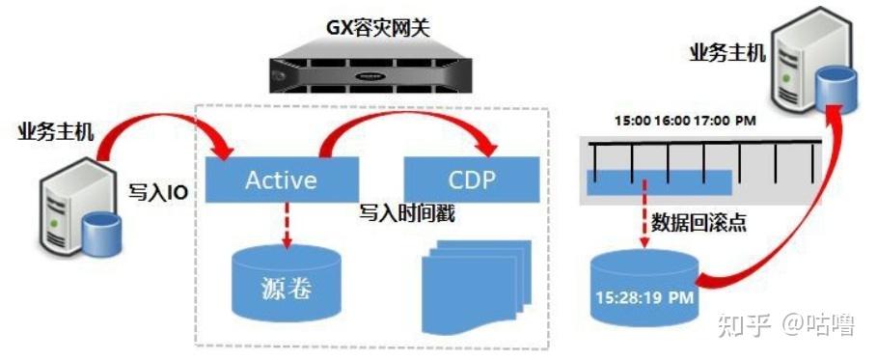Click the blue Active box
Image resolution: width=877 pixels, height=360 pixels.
coord(282,180)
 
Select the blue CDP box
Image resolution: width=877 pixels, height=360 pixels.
coord(472,180)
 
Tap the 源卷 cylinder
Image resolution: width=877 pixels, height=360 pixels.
coord(286,282)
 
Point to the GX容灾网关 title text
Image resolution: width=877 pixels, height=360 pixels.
coord(378,28)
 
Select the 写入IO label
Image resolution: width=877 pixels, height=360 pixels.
coord(158,194)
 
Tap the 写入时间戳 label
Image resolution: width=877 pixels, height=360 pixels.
coord(406,213)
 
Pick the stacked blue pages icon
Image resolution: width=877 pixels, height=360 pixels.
coord(478,286)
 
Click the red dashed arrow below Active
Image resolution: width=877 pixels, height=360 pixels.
coord(287,225)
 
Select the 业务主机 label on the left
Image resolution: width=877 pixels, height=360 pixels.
coord(56,132)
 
